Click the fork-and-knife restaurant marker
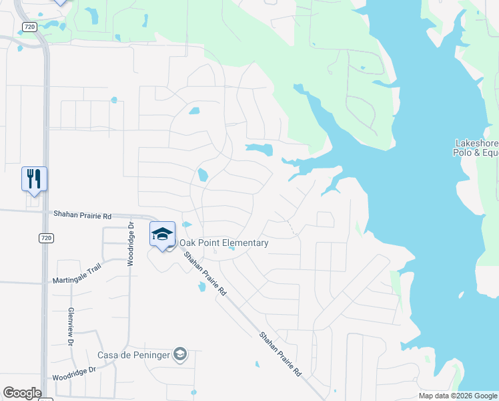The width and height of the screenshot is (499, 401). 34,179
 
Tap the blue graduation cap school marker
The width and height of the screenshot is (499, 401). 162,235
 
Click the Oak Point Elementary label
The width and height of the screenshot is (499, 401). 223,243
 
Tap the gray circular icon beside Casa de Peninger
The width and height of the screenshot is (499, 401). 179,354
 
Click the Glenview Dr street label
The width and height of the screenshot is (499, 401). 70,327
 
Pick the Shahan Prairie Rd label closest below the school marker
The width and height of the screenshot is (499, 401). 205,273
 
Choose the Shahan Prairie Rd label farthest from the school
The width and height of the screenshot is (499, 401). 280,354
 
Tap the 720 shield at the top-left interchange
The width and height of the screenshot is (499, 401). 28,27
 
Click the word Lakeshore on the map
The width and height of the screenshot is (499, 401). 476,143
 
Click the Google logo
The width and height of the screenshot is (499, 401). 22,393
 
